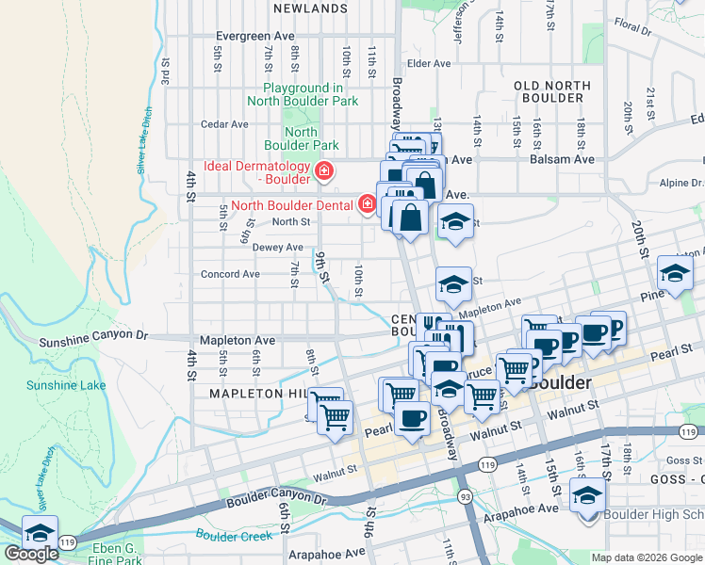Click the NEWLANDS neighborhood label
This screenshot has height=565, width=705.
310,8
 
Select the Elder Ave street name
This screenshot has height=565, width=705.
429,64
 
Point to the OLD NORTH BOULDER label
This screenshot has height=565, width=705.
552,92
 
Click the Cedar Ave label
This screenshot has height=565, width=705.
224,123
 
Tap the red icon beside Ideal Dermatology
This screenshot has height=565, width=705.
324,170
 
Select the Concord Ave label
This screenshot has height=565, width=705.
230,275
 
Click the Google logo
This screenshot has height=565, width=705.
31,554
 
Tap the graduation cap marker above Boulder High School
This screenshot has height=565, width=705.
588,496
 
